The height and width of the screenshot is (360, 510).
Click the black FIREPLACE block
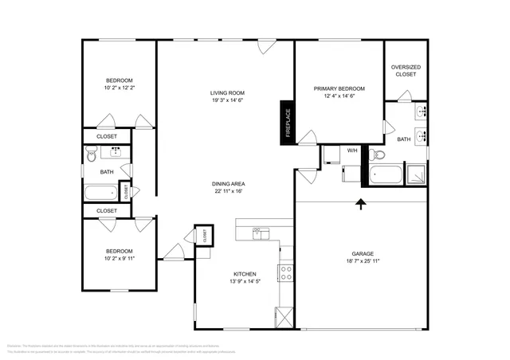[286, 123]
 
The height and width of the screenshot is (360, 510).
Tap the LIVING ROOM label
[227, 92]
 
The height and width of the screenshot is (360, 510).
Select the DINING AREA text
[228, 183]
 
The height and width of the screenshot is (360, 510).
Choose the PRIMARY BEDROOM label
[339, 88]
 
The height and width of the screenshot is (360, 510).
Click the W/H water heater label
[351, 150]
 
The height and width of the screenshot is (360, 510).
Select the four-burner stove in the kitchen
[286, 273]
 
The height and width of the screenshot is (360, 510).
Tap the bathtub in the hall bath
[101, 192]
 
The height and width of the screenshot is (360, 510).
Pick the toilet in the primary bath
[380, 154]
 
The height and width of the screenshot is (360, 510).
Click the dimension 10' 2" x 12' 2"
[120, 88]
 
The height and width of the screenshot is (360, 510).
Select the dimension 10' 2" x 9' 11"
[120, 258]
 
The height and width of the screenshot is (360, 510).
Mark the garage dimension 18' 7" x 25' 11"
[362, 260]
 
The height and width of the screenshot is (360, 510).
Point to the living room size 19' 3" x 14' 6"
[227, 100]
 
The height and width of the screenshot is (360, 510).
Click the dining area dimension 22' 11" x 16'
[228, 191]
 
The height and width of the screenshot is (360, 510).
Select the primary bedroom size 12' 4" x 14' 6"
[339, 96]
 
